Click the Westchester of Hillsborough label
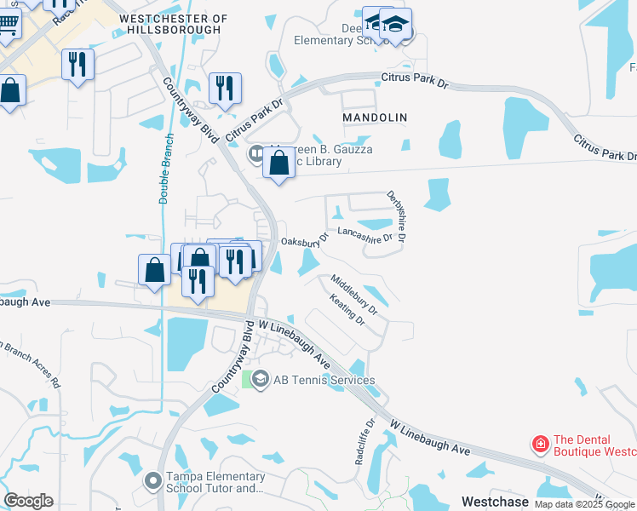(174, 23)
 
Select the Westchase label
(495, 502)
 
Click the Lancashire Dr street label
(365, 233)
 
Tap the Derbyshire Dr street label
(395, 215)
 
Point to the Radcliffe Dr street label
(364, 441)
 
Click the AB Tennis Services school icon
(260, 379)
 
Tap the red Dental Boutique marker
(539, 444)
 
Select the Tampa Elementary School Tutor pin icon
(152, 481)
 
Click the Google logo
(29, 501)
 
